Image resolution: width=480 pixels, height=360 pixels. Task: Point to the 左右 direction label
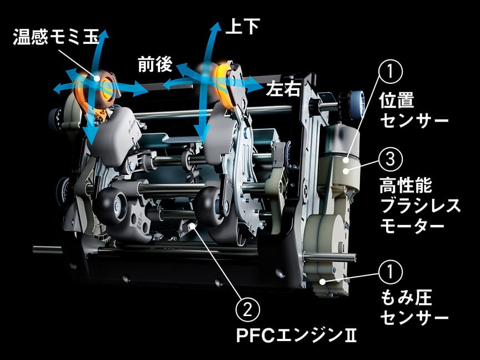pos(283,88)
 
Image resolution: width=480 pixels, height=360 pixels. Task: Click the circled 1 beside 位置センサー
pos(390,72)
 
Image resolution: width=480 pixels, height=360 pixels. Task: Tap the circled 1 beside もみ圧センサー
pos(390,272)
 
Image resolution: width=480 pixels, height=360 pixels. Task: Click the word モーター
pos(412,227)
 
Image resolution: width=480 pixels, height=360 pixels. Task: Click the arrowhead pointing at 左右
pos(257,87)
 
